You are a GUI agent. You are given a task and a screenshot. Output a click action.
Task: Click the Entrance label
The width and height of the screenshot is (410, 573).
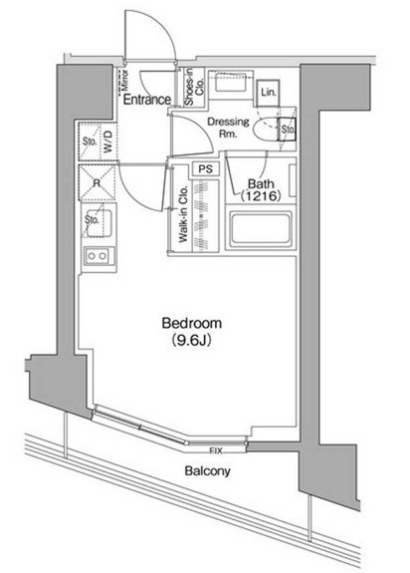point(147,99)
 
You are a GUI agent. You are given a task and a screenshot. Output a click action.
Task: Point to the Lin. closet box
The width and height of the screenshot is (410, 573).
point(269,93)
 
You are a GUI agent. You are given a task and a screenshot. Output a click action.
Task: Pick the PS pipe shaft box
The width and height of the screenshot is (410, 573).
point(206,170)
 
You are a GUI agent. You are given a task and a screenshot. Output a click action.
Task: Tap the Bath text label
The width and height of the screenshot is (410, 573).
point(261,183)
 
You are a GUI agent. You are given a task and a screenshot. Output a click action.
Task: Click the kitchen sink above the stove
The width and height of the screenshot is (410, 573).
point(99,223)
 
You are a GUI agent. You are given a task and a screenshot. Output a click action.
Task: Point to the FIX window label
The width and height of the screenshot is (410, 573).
point(216,448)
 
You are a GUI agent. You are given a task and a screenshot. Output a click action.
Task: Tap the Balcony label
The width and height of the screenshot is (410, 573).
point(207,472)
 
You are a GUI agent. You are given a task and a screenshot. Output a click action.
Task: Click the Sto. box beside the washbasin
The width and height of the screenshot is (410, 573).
point(288,129)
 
